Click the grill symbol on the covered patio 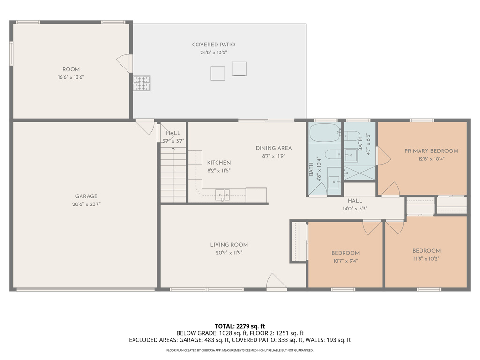(x=142, y=83)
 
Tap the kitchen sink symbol (x=222, y=195)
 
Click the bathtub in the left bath (x=325, y=133)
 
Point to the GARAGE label (x=86, y=196)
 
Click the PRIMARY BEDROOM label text (x=431, y=151)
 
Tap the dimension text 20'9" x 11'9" (x=229, y=252)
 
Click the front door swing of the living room (x=276, y=281)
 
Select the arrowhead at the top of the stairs (x=173, y=149)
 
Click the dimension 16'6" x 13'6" (x=71, y=77)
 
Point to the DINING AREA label (x=274, y=148)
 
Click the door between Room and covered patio (x=124, y=63)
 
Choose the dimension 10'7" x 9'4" (x=345, y=261)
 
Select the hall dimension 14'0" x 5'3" (x=355, y=209)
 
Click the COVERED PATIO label (x=213, y=45)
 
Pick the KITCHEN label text (x=218, y=163)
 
